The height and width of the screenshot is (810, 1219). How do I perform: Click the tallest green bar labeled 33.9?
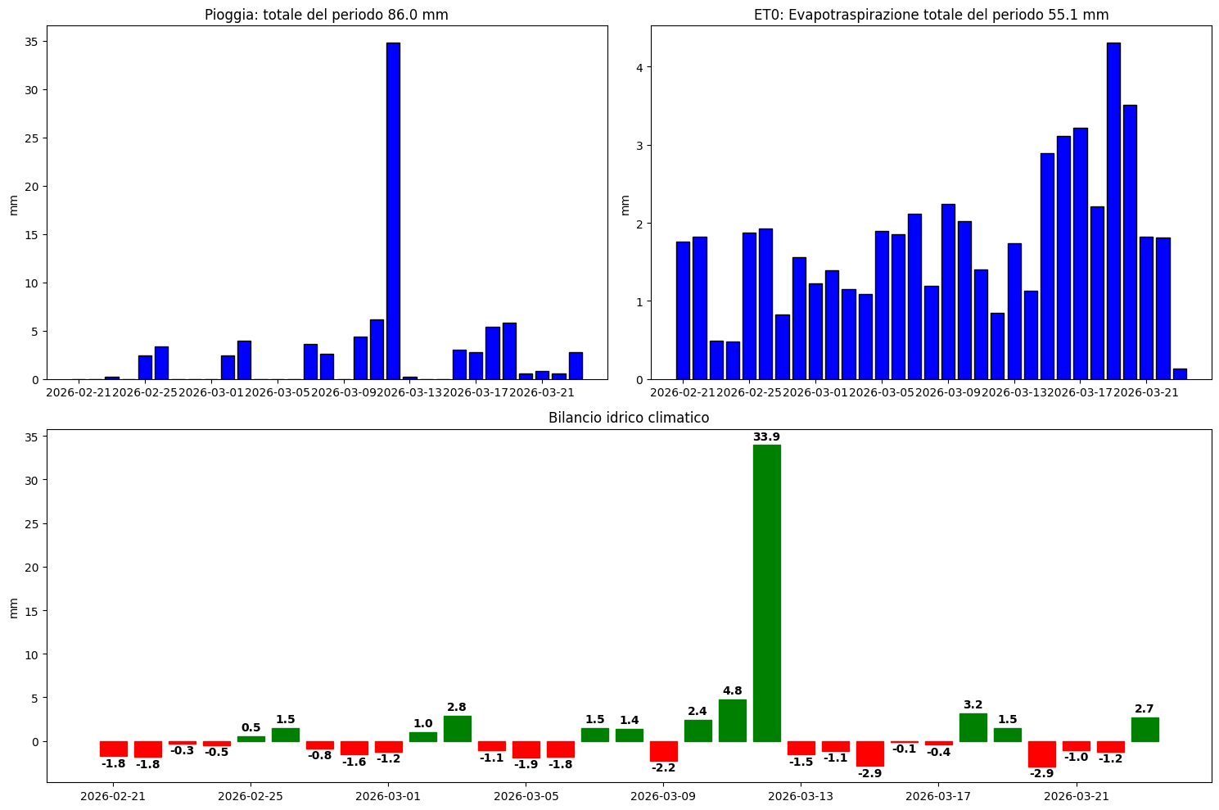tap(766, 593)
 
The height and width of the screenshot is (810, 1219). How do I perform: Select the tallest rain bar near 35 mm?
tap(393, 210)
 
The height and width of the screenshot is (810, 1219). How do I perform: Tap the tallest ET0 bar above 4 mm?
tap(1113, 210)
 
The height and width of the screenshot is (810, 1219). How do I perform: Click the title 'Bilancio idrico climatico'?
tap(628, 418)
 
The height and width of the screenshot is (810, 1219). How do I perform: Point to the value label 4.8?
tap(732, 690)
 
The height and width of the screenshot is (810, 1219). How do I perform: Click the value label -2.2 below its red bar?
tap(663, 767)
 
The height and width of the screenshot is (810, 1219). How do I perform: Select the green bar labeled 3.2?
tap(973, 727)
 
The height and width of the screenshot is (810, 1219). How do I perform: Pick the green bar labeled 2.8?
tap(457, 728)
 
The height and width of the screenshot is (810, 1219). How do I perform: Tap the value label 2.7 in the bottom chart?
tap(1145, 708)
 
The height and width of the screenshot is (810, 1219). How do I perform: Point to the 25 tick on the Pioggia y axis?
tap(32, 138)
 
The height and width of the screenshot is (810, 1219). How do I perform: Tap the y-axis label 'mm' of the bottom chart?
tap(12, 607)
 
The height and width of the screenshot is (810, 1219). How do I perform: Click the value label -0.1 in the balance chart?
tap(904, 749)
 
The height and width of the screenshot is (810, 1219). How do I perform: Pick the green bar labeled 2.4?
tap(698, 731)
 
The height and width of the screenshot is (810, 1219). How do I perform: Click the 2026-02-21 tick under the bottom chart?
tap(112, 795)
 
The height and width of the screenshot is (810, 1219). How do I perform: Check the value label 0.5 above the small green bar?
tap(251, 727)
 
